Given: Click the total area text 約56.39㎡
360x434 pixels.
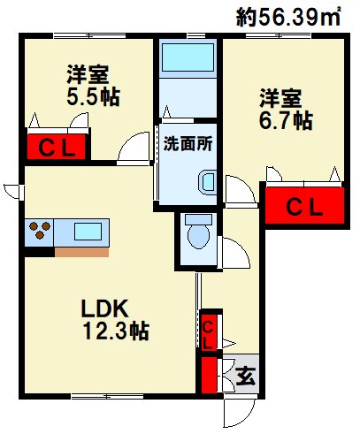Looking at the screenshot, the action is [x=288, y=17].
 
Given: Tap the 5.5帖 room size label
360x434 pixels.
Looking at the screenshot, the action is [x=93, y=97].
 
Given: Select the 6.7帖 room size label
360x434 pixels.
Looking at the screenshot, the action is [x=286, y=120].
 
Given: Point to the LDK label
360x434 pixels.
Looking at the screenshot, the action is [x=104, y=308].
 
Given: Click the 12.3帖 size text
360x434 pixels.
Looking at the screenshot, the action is [x=116, y=331].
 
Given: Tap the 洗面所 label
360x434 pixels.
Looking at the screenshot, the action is [x=188, y=144].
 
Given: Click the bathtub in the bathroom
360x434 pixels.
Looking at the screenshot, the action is [x=188, y=57].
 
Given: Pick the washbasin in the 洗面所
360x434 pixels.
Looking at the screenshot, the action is [x=208, y=182].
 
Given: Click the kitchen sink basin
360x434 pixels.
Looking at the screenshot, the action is [x=88, y=232].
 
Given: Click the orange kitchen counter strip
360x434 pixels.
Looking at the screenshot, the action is [x=81, y=252].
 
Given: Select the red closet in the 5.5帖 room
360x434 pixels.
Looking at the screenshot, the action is [x=57, y=147].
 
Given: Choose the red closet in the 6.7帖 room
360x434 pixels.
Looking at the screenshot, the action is [x=304, y=206].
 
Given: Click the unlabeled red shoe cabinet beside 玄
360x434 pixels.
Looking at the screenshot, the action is [x=209, y=375].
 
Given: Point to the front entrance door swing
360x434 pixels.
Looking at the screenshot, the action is [x=239, y=414].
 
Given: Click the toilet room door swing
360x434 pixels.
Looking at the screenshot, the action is [x=234, y=253].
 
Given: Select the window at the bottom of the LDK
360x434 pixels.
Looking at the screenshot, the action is [x=108, y=396].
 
